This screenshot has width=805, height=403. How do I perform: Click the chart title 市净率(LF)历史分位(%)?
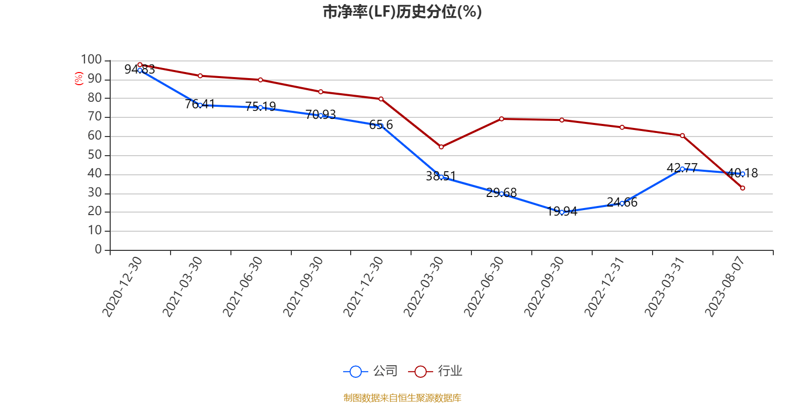point(402,12)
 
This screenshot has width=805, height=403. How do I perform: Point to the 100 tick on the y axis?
point(92,60)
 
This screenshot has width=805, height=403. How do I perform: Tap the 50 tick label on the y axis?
point(95,155)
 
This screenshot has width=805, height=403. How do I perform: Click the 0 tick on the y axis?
point(99,250)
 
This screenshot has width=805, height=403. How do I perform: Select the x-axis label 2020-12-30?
point(123,286)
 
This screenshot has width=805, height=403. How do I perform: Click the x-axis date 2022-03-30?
point(424,286)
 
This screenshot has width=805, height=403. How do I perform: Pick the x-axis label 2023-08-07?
point(725,286)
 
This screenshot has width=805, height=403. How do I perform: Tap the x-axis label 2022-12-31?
point(604,286)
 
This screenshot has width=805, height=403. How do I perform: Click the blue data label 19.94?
point(562,212)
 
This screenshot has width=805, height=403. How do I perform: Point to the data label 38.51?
point(441,176)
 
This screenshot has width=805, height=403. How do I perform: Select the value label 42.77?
point(682,168)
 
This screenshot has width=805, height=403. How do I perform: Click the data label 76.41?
point(200,104)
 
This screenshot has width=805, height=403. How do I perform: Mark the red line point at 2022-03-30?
point(441,147)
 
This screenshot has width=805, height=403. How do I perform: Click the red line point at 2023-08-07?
point(743,188)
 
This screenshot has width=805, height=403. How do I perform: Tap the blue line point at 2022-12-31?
point(622,204)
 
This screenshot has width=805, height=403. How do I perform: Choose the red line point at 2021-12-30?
point(381,99)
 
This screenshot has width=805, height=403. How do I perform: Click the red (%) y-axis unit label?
point(78,78)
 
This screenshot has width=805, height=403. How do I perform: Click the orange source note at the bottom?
point(402,398)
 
